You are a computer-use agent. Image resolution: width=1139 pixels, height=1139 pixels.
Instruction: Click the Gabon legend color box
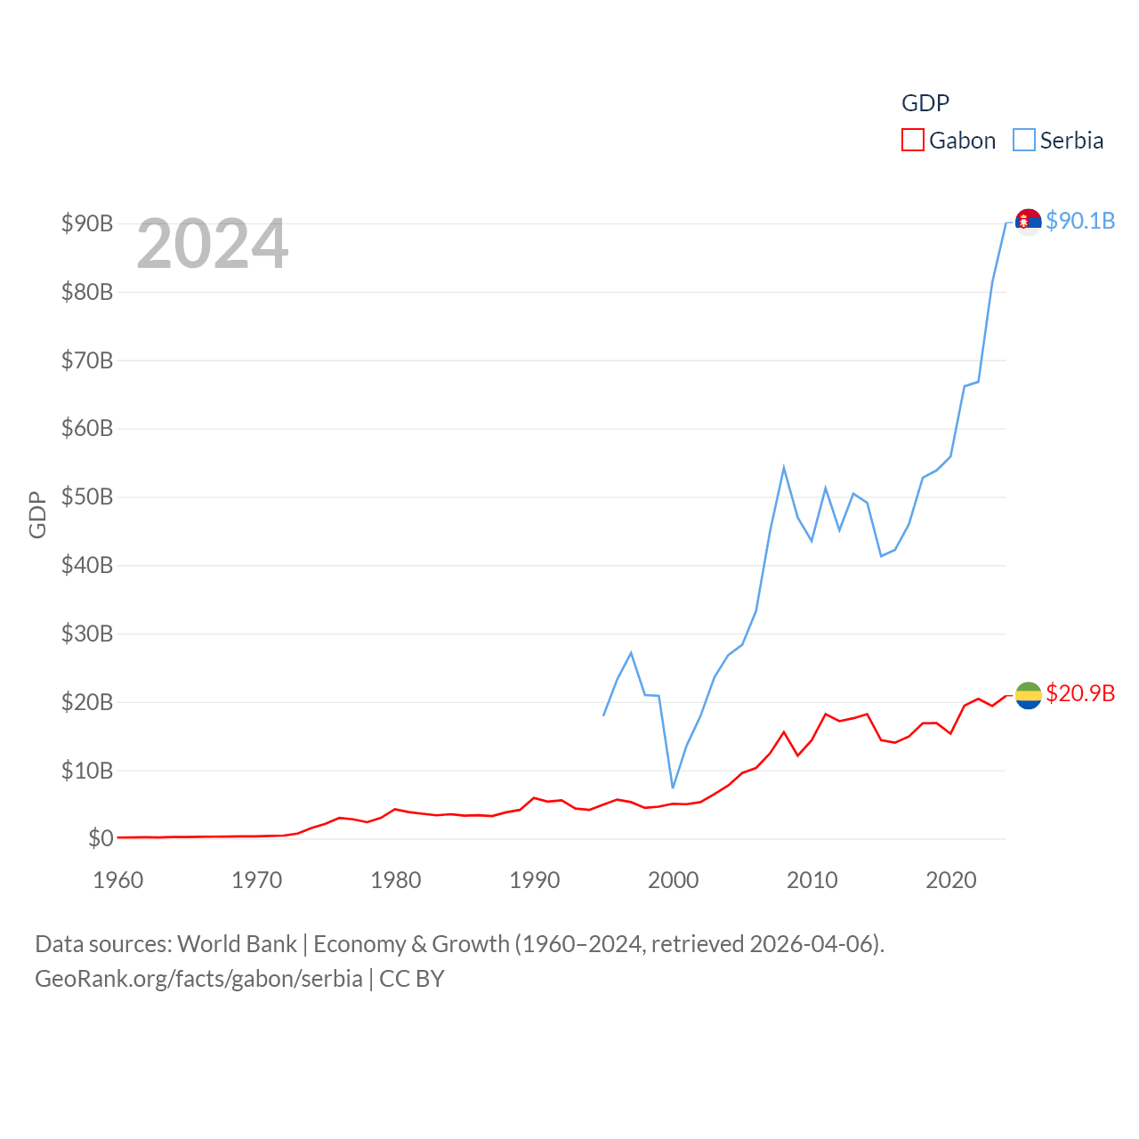click(x=913, y=141)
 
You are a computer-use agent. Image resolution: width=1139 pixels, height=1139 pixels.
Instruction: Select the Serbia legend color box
click(x=1024, y=141)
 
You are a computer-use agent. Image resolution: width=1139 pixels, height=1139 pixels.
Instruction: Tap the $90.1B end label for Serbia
click(x=1080, y=221)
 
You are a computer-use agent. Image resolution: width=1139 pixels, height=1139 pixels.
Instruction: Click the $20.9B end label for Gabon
click(x=1080, y=693)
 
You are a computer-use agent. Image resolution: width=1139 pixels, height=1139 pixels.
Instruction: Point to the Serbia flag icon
click(x=1028, y=222)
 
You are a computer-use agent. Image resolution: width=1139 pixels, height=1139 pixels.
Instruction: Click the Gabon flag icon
click(x=1028, y=695)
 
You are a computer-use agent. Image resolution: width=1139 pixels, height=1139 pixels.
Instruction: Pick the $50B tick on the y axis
click(x=87, y=497)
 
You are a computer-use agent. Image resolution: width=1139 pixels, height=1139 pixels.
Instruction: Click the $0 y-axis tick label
click(x=101, y=838)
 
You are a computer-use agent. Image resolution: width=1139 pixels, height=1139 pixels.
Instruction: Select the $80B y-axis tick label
click(x=87, y=292)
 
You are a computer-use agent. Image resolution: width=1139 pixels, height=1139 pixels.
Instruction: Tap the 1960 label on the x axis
click(x=118, y=880)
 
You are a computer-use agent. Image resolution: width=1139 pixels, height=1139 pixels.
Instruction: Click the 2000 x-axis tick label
click(x=674, y=880)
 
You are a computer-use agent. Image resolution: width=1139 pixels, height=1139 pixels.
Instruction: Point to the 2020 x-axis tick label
click(x=951, y=880)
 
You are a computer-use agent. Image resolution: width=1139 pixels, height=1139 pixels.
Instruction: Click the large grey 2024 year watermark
click(x=213, y=244)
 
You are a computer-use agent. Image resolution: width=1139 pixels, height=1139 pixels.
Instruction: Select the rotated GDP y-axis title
click(x=37, y=514)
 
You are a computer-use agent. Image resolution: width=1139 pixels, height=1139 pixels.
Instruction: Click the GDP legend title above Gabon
click(x=925, y=103)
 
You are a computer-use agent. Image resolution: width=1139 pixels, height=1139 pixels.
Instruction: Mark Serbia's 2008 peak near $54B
click(x=784, y=467)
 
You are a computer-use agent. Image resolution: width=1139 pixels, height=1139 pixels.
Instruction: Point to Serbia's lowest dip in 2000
click(x=673, y=788)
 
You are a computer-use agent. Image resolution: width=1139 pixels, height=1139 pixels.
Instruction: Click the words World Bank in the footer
click(x=237, y=944)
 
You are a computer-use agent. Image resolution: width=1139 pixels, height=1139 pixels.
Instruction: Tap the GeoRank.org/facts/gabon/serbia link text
click(x=198, y=979)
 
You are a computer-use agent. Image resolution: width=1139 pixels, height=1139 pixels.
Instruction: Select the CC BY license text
click(x=412, y=979)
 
